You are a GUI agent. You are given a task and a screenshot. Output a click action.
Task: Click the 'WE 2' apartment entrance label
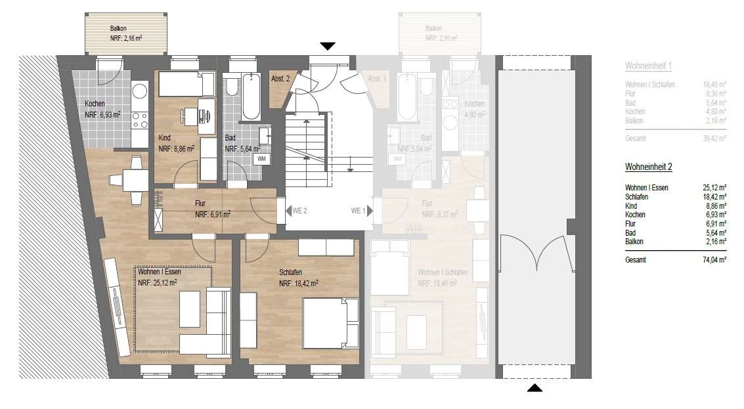(x=299, y=211)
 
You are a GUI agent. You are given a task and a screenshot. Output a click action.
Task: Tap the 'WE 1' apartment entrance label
(x=358, y=211)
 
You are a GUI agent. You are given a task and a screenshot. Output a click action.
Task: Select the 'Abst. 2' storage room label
(x=280, y=79)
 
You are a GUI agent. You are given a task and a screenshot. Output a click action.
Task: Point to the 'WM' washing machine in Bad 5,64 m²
(x=261, y=158)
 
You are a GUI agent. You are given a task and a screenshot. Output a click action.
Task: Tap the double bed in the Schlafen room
(x=326, y=322)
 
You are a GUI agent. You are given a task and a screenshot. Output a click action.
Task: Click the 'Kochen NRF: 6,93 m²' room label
(x=102, y=109)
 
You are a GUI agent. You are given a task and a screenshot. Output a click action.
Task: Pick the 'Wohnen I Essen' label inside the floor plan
(x=159, y=272)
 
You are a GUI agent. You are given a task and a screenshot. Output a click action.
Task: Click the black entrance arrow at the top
(x=328, y=46)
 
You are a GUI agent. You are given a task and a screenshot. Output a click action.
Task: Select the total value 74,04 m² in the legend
(x=714, y=260)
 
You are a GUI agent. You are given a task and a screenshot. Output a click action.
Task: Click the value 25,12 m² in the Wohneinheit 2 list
(x=714, y=188)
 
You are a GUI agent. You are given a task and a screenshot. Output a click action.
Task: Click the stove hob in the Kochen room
(x=140, y=119)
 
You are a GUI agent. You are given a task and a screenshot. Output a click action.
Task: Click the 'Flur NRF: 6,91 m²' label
(x=212, y=209)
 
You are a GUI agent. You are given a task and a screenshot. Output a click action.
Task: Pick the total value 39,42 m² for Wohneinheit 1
(x=714, y=139)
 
